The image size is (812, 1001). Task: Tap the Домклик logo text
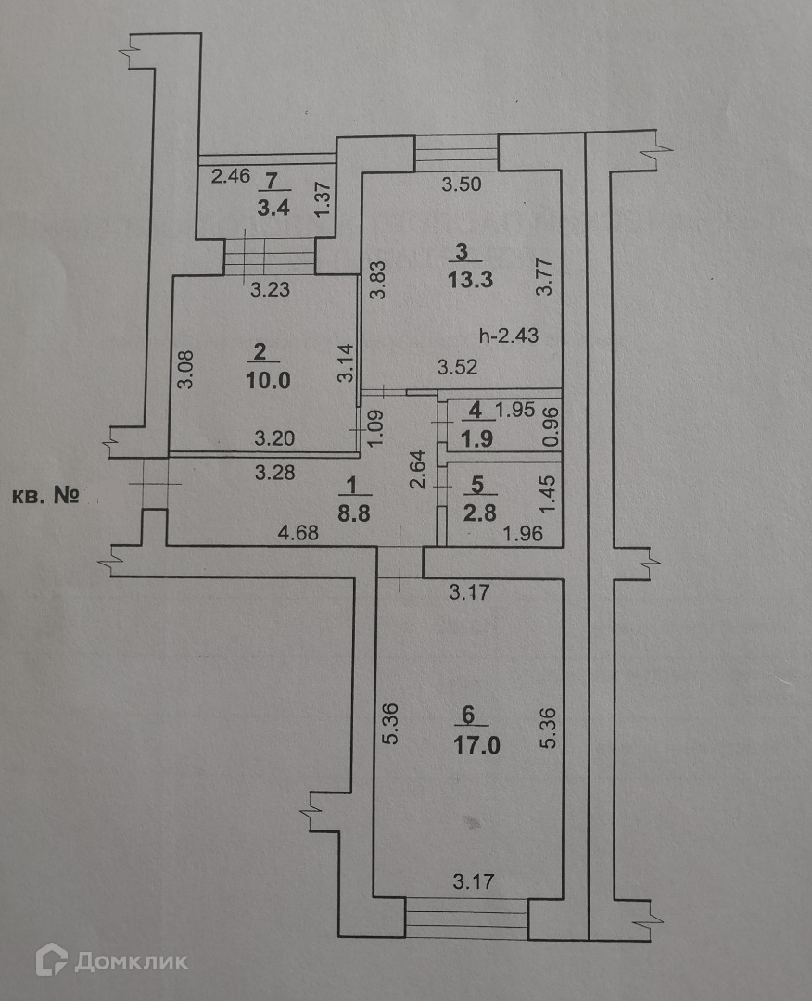point(131,960)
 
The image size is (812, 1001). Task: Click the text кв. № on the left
point(44,496)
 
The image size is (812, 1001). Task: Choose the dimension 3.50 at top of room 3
point(461,185)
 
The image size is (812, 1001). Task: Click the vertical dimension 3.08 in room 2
point(184,368)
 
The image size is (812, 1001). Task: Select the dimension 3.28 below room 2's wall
point(274,473)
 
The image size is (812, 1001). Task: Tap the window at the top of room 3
point(456,152)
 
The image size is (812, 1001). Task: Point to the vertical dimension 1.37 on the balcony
point(324,199)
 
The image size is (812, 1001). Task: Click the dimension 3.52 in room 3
point(458,366)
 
